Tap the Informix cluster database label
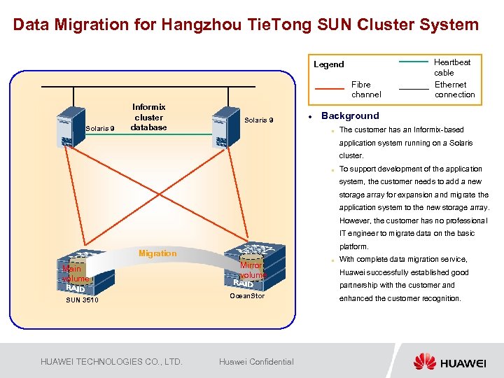point(148,118)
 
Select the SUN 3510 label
point(82,300)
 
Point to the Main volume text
point(76,274)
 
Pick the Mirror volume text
point(251,270)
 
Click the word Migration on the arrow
point(157,253)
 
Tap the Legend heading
point(328,64)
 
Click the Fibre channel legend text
point(366,90)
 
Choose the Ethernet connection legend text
point(454,90)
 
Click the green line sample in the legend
point(413,62)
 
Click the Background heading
point(350,116)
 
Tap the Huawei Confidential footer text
point(256,362)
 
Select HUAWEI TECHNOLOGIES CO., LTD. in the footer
point(111,362)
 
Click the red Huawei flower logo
point(425,361)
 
